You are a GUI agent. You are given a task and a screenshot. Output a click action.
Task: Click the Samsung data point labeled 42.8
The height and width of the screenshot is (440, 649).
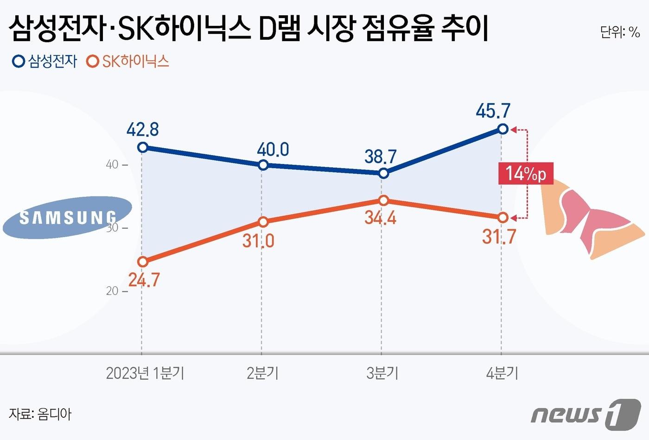143,147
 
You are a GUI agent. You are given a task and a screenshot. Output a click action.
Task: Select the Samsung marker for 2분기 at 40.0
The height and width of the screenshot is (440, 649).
263,165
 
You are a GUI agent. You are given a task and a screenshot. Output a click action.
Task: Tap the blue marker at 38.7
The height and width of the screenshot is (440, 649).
383,173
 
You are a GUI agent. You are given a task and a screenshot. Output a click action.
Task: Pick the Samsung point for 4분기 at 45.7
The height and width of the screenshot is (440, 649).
503,129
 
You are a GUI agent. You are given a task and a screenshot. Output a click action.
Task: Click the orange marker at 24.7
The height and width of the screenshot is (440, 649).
143,262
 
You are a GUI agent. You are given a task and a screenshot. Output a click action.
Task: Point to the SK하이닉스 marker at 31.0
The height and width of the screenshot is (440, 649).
263,222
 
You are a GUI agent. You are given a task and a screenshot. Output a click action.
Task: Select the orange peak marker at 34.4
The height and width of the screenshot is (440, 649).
383,200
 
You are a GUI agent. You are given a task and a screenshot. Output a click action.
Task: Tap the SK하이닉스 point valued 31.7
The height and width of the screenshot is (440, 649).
503,217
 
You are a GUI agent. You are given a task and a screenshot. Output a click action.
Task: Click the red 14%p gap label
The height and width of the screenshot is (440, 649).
526,174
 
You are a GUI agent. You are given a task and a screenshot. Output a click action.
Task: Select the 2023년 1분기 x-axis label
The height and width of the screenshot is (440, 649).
145,373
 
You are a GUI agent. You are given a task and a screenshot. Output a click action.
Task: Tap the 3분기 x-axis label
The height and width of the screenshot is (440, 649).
382,373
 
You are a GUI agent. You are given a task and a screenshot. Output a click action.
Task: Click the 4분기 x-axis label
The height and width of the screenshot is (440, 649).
502,373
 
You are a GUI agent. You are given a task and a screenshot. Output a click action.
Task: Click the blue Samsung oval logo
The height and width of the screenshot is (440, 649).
67,217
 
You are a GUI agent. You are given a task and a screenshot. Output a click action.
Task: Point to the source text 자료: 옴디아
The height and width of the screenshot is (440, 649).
40,414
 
